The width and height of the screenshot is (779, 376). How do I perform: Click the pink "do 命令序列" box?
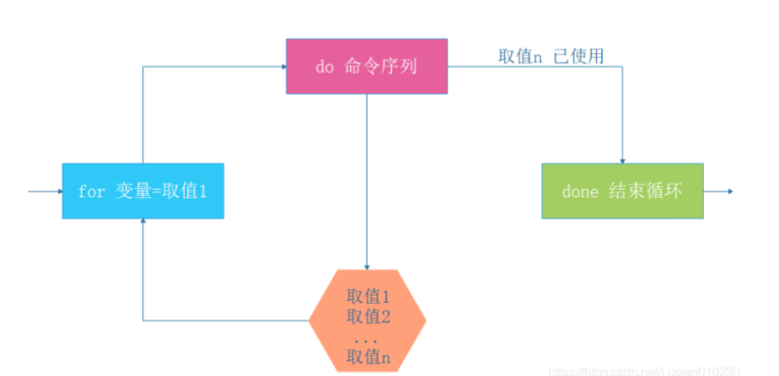coord(366,66)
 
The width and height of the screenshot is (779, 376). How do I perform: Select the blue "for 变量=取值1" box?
coord(142,191)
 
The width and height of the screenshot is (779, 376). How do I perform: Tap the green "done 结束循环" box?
coord(622,191)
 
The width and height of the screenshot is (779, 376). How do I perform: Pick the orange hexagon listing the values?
coord(368,320)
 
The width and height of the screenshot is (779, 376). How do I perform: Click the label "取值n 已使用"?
coord(551,56)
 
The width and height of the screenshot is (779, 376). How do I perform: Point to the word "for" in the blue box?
coord(91,192)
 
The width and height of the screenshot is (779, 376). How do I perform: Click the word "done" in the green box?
coord(580,192)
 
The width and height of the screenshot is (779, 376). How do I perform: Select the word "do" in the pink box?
coord(324,67)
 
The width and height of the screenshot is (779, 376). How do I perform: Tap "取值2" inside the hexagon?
coord(369,316)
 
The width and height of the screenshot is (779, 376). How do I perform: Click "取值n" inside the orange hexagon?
coord(369,357)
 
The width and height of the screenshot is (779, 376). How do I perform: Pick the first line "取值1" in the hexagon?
coord(369,297)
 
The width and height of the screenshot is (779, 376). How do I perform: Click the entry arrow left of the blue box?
coord(44,191)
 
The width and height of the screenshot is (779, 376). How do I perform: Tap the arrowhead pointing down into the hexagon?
coord(367,266)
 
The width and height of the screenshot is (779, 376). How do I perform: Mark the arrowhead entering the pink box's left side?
coord(282,66)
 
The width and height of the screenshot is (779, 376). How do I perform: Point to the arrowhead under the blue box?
coord(142,222)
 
